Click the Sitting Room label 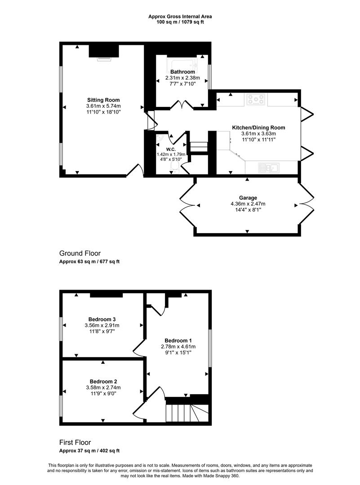click(x=103, y=100)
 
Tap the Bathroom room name click(x=182, y=72)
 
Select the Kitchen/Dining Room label click(x=258, y=128)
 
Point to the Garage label click(x=248, y=198)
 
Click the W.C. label click(x=171, y=150)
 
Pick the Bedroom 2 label click(x=103, y=381)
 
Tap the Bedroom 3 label click(x=102, y=319)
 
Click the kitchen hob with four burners click(x=256, y=99)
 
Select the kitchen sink click(x=269, y=168)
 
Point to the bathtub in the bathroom click(x=182, y=64)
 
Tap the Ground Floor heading click(x=80, y=253)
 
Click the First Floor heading click(x=75, y=442)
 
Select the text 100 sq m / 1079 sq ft click(x=180, y=22)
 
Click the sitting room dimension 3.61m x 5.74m click(x=103, y=106)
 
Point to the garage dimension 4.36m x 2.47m click(x=248, y=204)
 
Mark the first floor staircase click(x=187, y=413)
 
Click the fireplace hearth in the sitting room click(x=104, y=59)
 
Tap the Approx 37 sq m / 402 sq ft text click(x=89, y=451)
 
